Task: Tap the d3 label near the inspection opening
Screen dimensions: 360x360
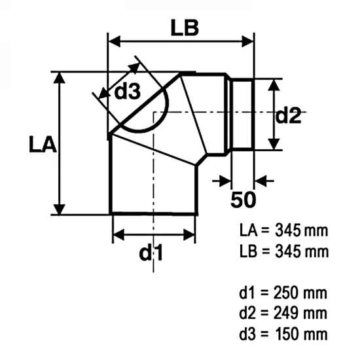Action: [127, 93]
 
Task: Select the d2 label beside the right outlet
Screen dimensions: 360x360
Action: [288, 116]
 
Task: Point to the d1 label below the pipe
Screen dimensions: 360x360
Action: [151, 253]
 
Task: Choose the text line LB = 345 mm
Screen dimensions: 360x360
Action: [283, 251]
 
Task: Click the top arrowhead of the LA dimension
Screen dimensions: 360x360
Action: [60, 78]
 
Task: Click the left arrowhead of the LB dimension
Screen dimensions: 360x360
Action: [113, 41]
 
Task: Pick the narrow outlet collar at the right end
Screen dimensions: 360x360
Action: [242, 114]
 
